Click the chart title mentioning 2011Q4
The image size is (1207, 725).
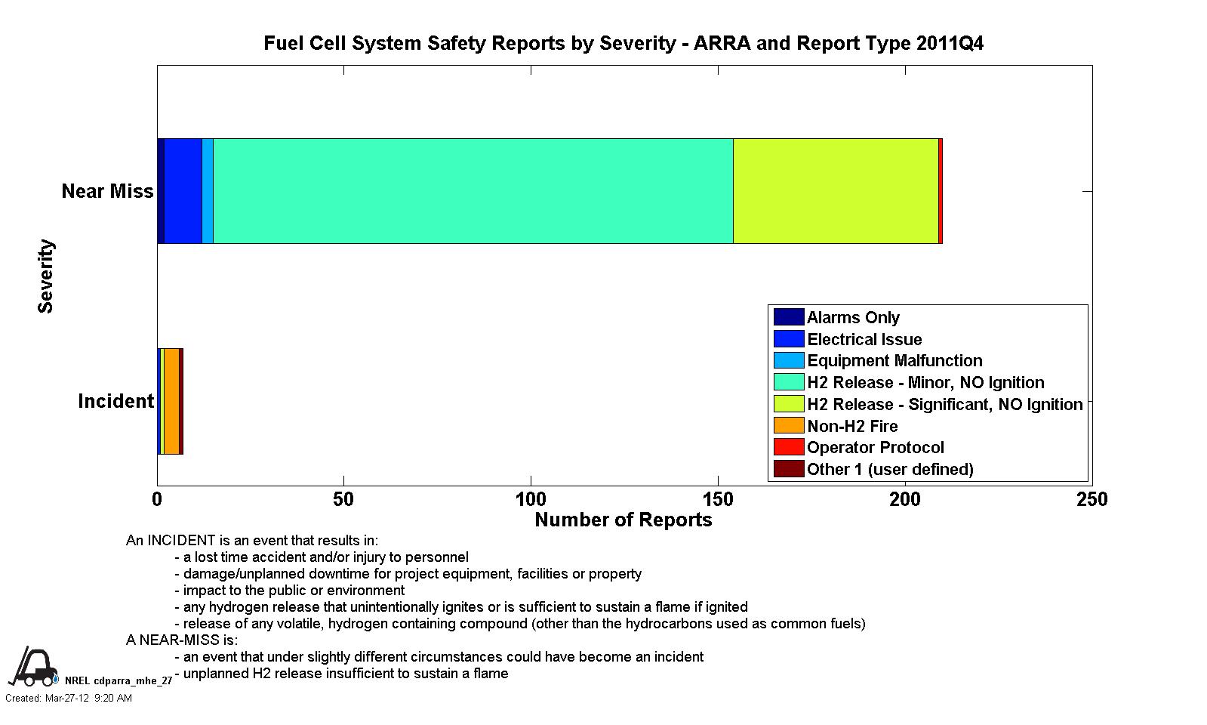coord(624,43)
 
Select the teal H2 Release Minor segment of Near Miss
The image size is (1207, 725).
coord(473,191)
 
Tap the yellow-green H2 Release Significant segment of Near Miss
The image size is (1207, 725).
coord(836,191)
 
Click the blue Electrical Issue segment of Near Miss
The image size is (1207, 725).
coord(183,191)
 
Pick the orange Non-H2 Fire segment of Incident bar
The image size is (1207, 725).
coord(172,401)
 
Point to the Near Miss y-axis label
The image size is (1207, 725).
coord(107,191)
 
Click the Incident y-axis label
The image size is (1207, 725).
coord(115,401)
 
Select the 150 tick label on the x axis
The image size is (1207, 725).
coord(719,500)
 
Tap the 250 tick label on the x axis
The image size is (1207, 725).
coord(1092,500)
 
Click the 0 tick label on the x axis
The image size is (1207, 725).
coord(157,500)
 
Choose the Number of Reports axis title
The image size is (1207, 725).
coord(624,520)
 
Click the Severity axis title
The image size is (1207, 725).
coord(46,276)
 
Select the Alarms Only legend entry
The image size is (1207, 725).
coord(837,317)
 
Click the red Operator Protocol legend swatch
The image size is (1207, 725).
coord(789,447)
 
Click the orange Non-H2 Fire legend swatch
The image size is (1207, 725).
coord(789,425)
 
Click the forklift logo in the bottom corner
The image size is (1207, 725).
coord(33,666)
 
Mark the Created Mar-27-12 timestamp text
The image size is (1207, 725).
coord(69,698)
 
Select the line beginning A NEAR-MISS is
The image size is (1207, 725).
coord(182,640)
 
